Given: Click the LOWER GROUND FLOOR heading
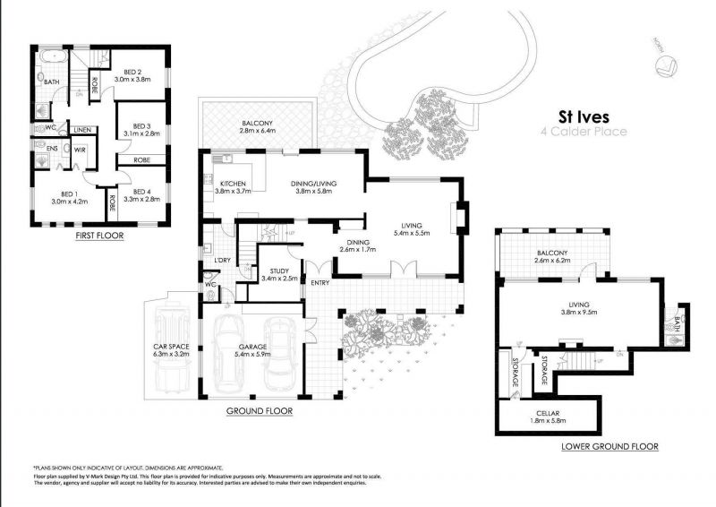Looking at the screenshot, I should (609, 446).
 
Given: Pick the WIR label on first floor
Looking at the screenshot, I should (80, 150).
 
